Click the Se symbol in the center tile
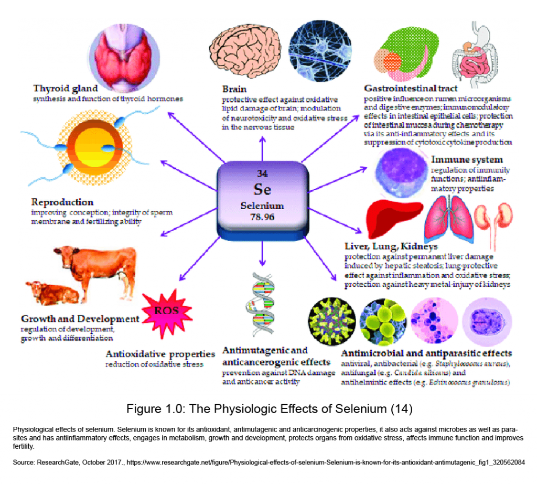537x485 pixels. tap(262, 189)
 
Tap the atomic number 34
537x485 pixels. tap(262, 174)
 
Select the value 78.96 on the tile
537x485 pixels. tap(262, 216)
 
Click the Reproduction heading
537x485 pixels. tap(62, 202)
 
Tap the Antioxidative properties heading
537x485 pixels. tap(160, 354)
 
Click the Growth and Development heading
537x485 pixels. tap(80, 319)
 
